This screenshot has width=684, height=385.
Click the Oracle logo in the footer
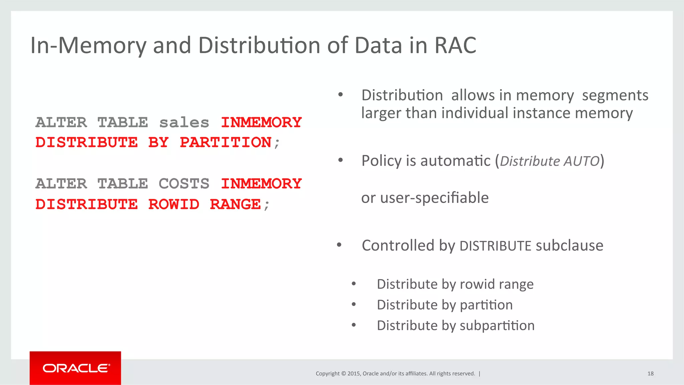click(x=75, y=368)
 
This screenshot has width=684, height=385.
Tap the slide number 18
click(x=650, y=374)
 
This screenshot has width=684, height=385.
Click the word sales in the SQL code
click(x=184, y=122)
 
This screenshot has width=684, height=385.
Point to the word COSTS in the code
click(x=184, y=184)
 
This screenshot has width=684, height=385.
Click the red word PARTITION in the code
click(x=225, y=143)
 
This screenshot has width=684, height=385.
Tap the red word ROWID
click(x=174, y=204)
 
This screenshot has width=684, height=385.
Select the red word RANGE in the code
click(x=235, y=204)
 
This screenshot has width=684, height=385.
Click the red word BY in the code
click(x=158, y=143)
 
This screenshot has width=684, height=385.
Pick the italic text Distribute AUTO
click(x=550, y=161)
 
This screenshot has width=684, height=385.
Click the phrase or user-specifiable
click(x=425, y=198)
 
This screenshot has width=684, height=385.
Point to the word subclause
click(x=569, y=246)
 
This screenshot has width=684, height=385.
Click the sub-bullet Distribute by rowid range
click(x=455, y=284)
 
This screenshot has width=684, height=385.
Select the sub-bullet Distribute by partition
click(x=445, y=305)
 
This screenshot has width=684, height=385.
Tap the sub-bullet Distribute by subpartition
click(x=456, y=326)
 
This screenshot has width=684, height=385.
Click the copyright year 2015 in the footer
click(x=354, y=374)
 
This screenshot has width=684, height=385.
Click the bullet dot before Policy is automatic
click(x=340, y=161)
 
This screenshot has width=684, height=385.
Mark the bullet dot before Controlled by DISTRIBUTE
click(x=339, y=245)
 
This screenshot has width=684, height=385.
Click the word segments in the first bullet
click(x=615, y=95)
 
